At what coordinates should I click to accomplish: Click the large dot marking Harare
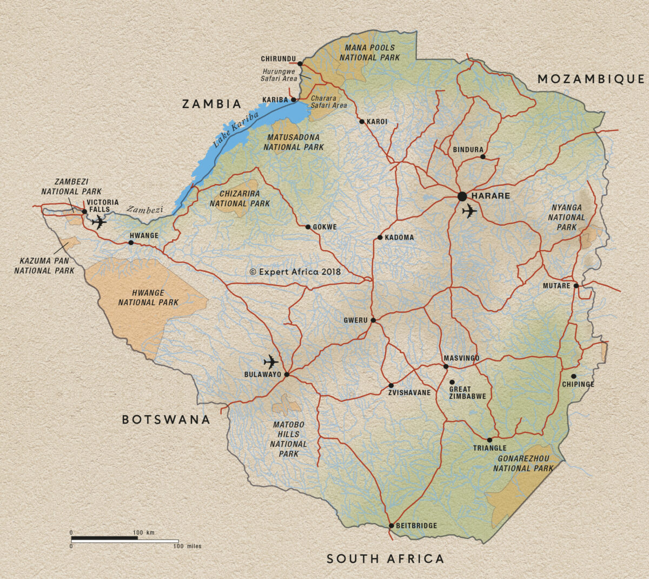(x=462, y=196)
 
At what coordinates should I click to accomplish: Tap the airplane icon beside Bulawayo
(x=270, y=362)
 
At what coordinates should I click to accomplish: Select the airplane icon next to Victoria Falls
(x=99, y=222)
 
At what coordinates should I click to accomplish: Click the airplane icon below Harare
(x=469, y=211)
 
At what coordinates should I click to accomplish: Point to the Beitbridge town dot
(x=390, y=525)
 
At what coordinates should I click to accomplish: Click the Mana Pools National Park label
(x=370, y=52)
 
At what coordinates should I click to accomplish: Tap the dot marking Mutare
(x=577, y=286)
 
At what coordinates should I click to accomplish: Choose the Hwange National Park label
(x=148, y=298)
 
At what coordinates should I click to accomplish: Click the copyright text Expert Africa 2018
(x=295, y=272)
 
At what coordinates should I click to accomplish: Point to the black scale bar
(x=104, y=539)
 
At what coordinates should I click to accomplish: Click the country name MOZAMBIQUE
(x=591, y=80)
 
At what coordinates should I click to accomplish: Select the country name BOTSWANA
(x=165, y=419)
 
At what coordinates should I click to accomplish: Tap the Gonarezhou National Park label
(x=523, y=463)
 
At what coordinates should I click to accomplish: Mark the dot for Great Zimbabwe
(x=452, y=382)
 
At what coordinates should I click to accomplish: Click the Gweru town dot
(x=373, y=320)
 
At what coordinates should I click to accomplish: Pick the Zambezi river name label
(x=145, y=209)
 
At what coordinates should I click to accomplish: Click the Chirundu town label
(x=278, y=59)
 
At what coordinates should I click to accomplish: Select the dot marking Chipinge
(x=573, y=376)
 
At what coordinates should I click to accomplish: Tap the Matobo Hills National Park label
(x=289, y=439)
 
